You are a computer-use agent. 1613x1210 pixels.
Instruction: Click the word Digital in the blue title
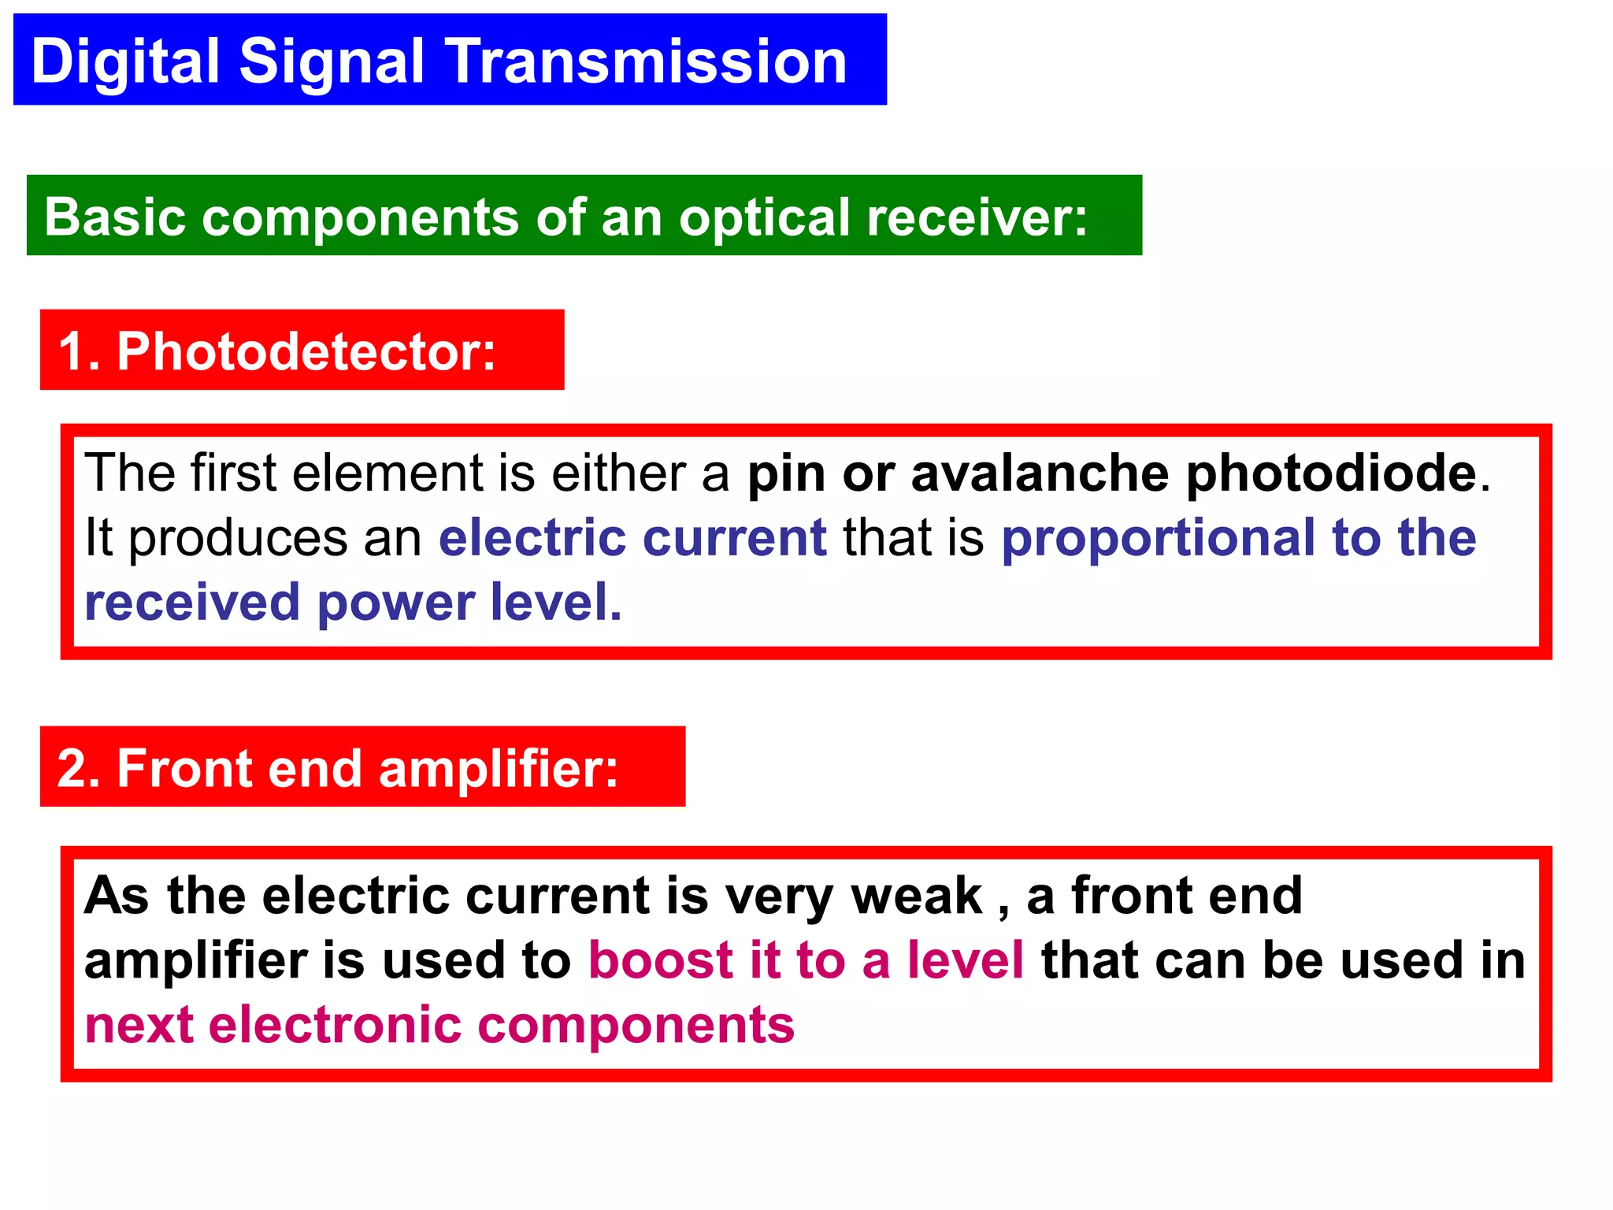point(126,61)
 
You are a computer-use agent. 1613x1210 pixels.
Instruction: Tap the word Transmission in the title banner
point(647,61)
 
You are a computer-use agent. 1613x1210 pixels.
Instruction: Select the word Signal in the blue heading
point(332,61)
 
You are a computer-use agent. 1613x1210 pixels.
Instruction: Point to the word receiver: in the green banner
point(977,217)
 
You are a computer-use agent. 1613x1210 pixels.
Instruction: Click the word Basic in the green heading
point(115,217)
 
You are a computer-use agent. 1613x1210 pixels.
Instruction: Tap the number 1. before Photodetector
point(79,351)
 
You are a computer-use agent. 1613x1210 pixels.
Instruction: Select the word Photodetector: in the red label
point(307,351)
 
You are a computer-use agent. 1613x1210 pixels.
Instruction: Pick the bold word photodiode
point(1331,473)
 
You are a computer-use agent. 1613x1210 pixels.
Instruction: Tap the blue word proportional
point(1158,539)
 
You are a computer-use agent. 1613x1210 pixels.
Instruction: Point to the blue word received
point(192,603)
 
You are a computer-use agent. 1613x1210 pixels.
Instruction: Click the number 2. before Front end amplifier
point(79,768)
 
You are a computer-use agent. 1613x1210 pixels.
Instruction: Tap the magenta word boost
point(661,960)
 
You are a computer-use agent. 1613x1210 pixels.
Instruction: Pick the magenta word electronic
point(335,1025)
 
